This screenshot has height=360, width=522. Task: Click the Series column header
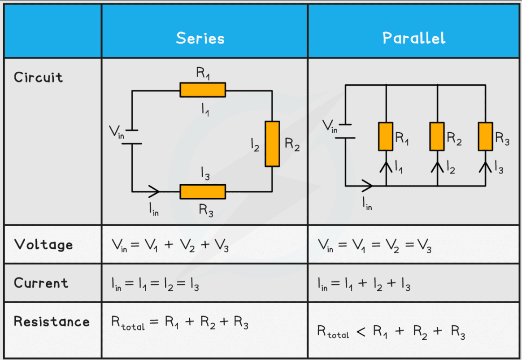[200, 38]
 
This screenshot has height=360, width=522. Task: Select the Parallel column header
[414, 38]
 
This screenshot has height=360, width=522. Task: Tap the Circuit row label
[38, 77]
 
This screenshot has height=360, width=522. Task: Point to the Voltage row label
[43, 244]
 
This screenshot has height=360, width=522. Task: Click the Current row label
[41, 283]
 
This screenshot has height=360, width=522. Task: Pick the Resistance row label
[52, 321]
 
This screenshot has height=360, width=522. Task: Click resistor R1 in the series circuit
[203, 90]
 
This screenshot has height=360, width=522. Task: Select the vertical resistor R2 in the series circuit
[272, 143]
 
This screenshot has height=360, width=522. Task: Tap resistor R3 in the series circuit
[203, 191]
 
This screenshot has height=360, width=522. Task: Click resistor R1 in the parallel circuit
[386, 136]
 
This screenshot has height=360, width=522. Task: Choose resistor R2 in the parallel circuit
[437, 136]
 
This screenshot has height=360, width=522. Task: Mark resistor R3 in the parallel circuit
[485, 136]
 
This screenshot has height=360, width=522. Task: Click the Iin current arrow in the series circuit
[153, 191]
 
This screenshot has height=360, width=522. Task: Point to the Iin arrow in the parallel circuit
[366, 185]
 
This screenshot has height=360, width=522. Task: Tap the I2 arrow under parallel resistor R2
[437, 166]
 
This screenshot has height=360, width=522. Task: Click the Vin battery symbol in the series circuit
[132, 137]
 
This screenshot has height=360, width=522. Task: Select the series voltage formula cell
[170, 245]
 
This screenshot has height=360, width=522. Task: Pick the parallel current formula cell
[364, 284]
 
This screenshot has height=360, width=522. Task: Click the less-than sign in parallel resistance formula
[361, 332]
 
